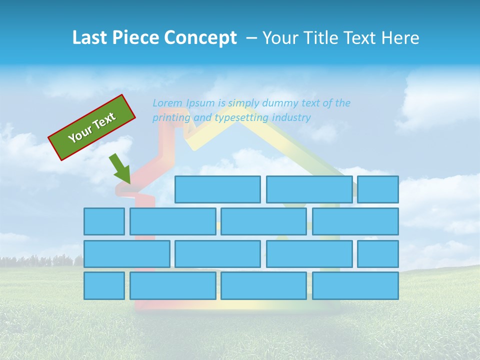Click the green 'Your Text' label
click(92, 127)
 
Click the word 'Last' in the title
click(89, 38)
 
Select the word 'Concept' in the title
click(201, 38)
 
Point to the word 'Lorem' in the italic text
click(167, 103)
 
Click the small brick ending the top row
click(378, 189)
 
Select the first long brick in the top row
click(217, 189)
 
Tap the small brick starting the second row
click(104, 221)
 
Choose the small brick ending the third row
click(378, 254)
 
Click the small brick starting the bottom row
click(104, 286)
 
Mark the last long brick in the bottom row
click(355, 286)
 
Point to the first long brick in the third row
click(126, 254)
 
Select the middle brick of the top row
click(309, 189)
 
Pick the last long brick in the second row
click(355, 221)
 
